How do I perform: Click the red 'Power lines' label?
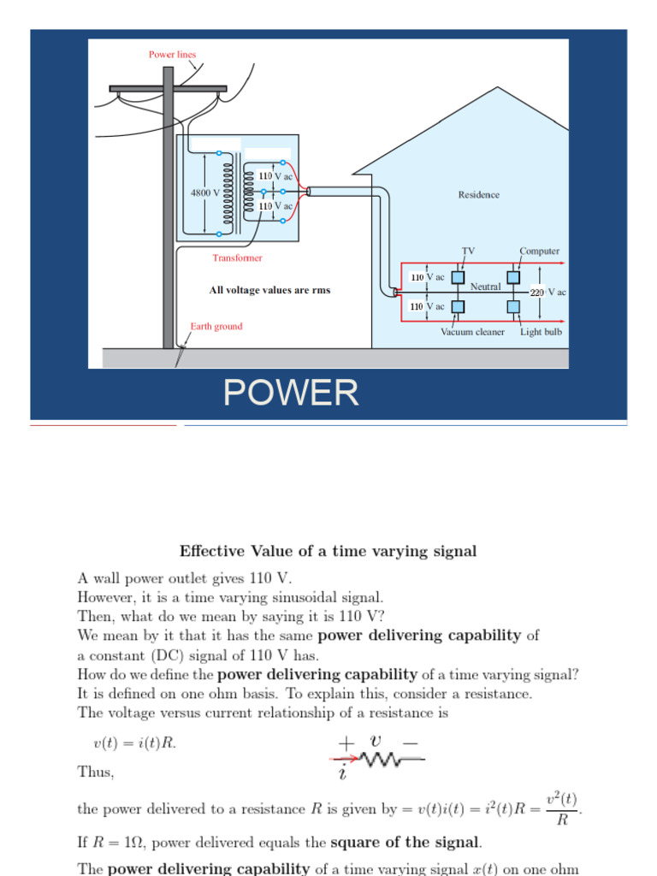pyautogui.click(x=172, y=55)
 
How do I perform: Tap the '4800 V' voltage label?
pyautogui.click(x=204, y=192)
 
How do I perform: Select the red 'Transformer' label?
pyautogui.click(x=238, y=257)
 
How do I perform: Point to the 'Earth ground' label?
pyautogui.click(x=216, y=326)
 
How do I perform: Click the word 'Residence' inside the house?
pyautogui.click(x=478, y=194)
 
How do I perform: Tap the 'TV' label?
pyautogui.click(x=468, y=251)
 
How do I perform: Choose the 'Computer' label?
pyautogui.click(x=539, y=251)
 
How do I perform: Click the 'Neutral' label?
pyautogui.click(x=485, y=287)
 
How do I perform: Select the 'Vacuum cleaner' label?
pyautogui.click(x=472, y=332)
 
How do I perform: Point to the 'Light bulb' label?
pyautogui.click(x=541, y=332)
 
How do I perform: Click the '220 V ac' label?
pyautogui.click(x=548, y=292)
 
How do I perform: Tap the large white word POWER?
pyautogui.click(x=291, y=393)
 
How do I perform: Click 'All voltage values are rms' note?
pyautogui.click(x=269, y=290)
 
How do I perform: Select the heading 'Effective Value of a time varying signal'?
pyautogui.click(x=328, y=551)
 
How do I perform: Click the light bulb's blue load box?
pyautogui.click(x=512, y=306)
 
